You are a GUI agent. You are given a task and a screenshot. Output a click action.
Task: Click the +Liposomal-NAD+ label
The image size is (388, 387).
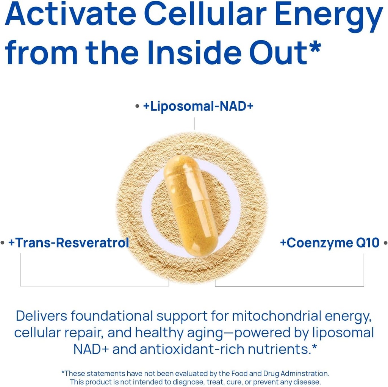198,106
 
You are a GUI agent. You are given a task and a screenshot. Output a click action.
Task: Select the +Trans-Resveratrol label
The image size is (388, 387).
69,243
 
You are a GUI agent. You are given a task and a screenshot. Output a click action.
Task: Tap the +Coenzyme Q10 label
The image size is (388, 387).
330,243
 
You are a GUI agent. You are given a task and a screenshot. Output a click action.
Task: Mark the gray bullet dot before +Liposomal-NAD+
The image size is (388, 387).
137,107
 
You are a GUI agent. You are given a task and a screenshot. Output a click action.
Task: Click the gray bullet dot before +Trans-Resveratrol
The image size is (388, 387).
3,243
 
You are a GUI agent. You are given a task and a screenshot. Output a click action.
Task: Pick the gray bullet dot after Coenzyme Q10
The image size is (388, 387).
385,243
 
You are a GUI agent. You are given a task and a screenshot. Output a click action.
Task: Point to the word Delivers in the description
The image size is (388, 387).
41,316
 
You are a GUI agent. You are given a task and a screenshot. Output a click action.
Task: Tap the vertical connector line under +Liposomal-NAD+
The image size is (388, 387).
194,124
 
